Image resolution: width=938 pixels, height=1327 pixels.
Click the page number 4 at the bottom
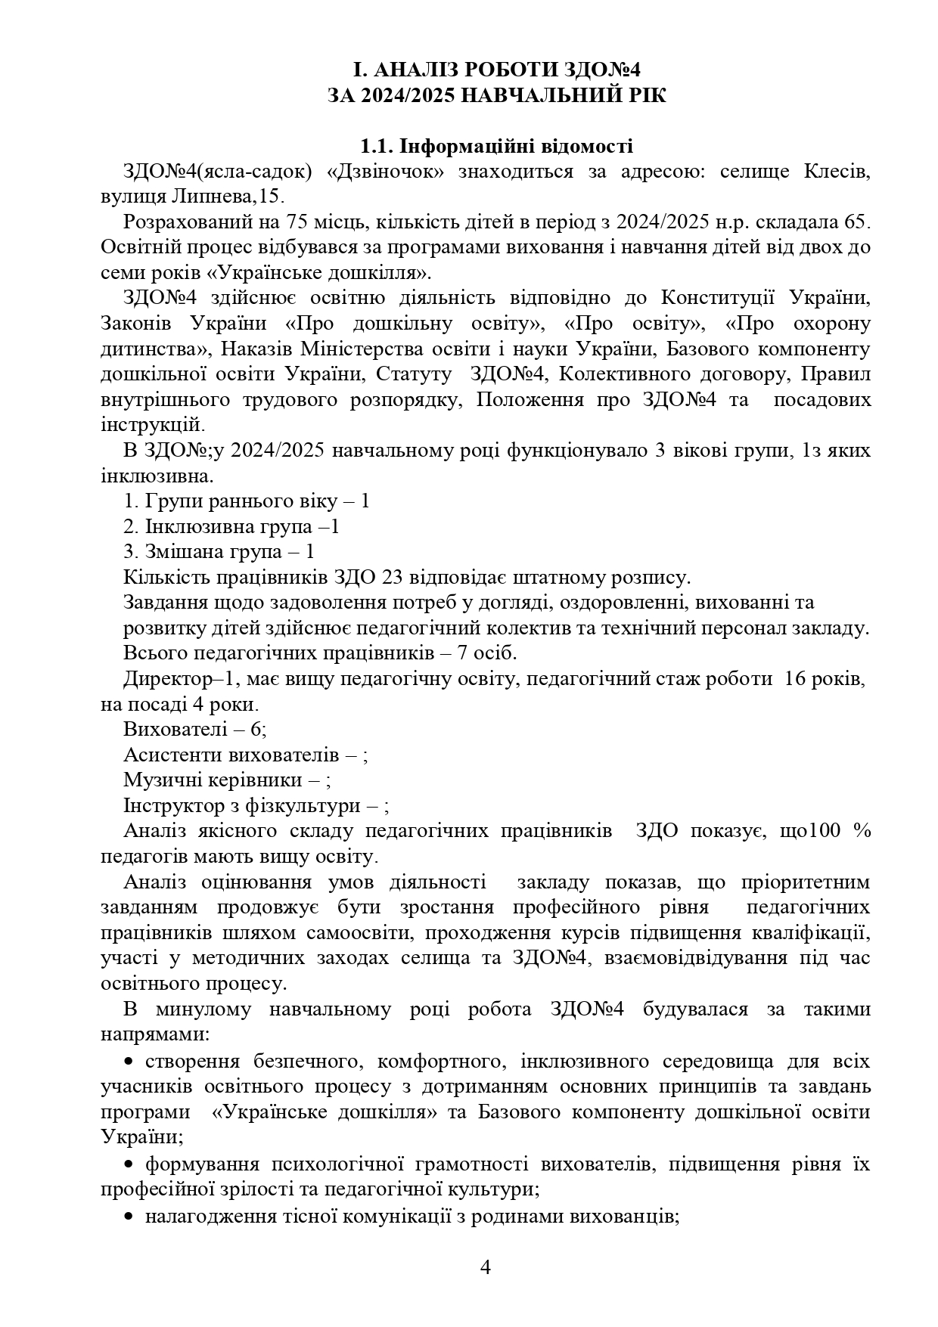point(486,1267)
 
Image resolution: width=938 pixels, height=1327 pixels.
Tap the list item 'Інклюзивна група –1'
point(231,526)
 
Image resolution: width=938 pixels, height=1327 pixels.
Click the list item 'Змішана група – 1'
point(219,552)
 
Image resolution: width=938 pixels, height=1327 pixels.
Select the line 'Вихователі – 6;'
point(194,730)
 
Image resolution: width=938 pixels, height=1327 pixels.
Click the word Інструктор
point(170,806)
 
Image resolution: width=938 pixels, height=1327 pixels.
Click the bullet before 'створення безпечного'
point(129,1061)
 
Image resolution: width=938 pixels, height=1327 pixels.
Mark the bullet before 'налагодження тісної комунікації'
point(129,1215)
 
